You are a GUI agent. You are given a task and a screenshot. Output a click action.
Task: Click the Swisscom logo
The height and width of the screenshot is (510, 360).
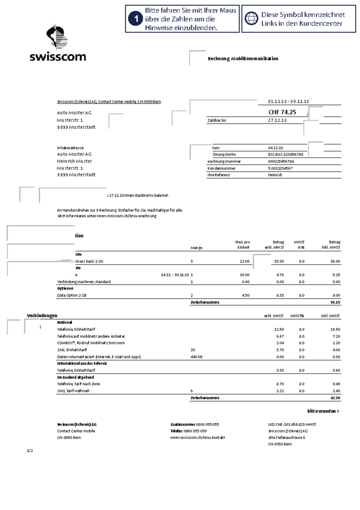58,44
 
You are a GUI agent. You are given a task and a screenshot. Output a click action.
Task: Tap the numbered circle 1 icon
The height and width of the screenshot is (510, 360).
135,19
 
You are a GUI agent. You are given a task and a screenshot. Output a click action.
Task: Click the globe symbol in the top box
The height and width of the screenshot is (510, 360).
251,19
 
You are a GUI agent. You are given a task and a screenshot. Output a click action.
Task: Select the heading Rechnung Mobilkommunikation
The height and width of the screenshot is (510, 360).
243,59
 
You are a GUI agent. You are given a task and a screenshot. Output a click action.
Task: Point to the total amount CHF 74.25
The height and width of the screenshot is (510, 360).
282,112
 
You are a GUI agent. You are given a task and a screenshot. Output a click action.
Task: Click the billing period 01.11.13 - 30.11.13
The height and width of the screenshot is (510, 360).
288,102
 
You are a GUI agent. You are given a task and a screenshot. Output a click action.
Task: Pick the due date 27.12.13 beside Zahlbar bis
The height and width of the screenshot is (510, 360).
277,120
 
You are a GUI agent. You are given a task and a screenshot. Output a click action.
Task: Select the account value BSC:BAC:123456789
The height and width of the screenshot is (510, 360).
285,154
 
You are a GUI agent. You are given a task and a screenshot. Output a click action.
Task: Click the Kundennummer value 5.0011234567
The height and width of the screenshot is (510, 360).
280,168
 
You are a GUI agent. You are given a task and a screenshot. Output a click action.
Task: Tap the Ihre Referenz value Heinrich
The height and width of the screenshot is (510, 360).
275,175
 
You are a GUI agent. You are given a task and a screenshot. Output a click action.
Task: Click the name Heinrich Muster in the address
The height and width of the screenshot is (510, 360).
74,161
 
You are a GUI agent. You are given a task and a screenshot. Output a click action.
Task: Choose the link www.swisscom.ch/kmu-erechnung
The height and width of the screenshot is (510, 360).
126,216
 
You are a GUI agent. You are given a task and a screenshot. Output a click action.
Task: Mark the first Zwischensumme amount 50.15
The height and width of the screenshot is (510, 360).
335,302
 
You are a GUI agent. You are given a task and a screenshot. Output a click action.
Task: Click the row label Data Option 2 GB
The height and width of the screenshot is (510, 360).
72,296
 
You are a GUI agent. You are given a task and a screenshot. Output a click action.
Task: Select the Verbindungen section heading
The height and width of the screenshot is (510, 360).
42,316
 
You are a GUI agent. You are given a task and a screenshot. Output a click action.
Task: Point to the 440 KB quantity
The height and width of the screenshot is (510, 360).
196,357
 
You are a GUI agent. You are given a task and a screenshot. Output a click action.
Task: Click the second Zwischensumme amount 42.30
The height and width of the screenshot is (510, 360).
335,398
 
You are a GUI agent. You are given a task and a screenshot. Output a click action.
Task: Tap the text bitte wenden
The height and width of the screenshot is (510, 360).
323,411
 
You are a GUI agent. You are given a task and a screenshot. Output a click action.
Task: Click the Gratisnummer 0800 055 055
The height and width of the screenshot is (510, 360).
207,425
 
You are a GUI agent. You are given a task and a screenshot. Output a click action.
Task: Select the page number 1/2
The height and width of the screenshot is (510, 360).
30,451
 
